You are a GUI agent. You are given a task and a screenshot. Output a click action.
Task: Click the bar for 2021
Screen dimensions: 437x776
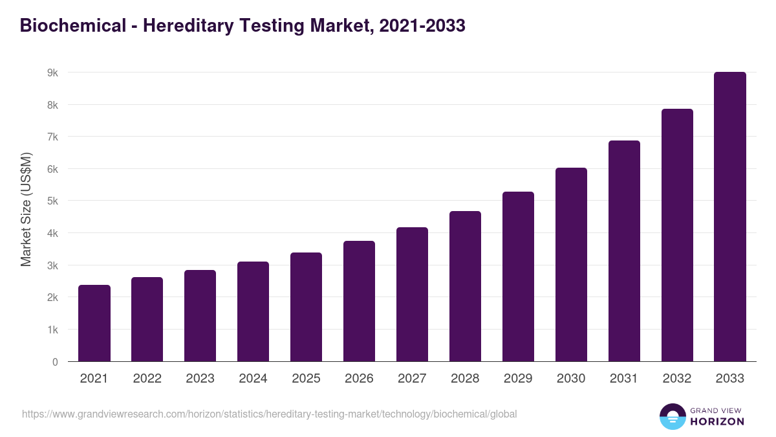tap(94, 323)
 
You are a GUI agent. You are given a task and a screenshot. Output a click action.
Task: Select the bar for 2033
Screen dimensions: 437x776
tap(730, 217)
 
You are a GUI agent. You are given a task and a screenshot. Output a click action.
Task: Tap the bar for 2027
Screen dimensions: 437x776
tap(412, 295)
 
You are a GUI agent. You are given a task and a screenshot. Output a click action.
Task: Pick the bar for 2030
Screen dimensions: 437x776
tap(571, 265)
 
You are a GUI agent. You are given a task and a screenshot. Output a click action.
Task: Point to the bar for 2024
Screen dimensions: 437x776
tap(253, 311)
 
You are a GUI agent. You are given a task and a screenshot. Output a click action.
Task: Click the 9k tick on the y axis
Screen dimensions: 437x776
tap(52, 73)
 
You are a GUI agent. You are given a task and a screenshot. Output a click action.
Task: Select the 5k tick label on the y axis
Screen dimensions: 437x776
tap(52, 201)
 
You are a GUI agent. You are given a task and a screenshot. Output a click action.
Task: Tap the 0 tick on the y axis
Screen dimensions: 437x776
tap(55, 362)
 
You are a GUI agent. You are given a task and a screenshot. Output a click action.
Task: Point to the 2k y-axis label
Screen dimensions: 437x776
tap(52, 298)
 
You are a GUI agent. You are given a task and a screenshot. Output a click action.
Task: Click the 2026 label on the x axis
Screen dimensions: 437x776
tap(359, 379)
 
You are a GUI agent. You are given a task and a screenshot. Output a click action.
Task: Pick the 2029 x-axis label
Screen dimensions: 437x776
tap(518, 379)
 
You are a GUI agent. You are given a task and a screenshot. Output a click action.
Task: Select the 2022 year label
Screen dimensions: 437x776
tap(147, 379)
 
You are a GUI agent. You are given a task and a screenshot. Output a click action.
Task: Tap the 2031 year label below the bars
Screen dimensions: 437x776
tap(624, 379)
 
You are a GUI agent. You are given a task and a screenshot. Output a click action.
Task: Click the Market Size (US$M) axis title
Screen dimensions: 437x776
tap(26, 209)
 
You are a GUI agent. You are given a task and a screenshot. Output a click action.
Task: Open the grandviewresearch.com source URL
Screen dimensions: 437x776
tap(269, 414)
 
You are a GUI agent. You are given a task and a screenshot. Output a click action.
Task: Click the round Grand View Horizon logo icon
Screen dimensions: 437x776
tap(673, 417)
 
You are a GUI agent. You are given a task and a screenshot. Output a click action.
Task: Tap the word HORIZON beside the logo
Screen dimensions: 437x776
tap(717, 421)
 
